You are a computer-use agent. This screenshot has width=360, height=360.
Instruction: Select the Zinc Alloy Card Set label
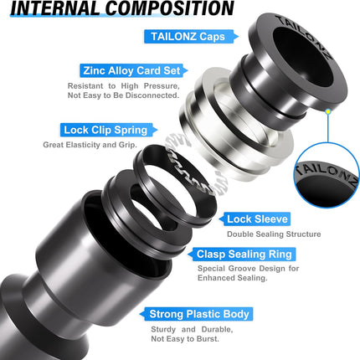(x=128, y=71)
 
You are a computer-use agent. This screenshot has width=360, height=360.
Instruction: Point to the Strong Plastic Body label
(x=198, y=314)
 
